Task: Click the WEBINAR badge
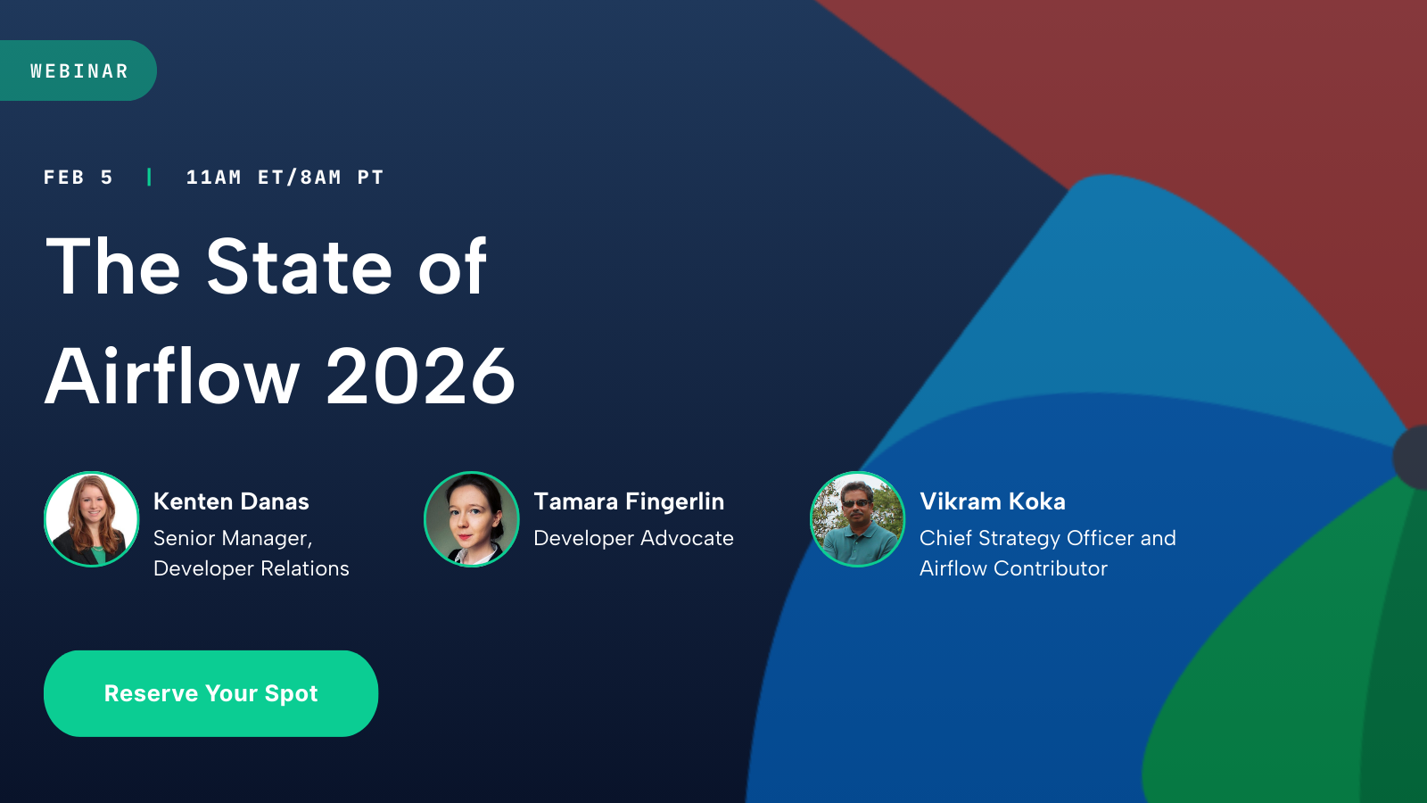pyautogui.click(x=78, y=71)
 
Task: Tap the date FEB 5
pyautogui.click(x=78, y=178)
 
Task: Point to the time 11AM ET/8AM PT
pyautogui.click(x=285, y=178)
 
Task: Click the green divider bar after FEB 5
pyautogui.click(x=149, y=178)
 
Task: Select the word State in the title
pyautogui.click(x=299, y=267)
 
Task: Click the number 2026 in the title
pyautogui.click(x=420, y=377)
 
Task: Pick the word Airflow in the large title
pyautogui.click(x=172, y=377)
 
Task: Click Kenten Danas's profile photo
pyautogui.click(x=92, y=519)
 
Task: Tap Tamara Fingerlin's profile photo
pyautogui.click(x=472, y=519)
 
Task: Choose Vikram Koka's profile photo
pyautogui.click(x=857, y=519)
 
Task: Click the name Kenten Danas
pyautogui.click(x=231, y=501)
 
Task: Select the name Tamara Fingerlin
pyautogui.click(x=629, y=501)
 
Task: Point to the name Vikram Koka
pyautogui.click(x=993, y=501)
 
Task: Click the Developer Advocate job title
pyautogui.click(x=633, y=538)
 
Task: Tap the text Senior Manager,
pyautogui.click(x=233, y=539)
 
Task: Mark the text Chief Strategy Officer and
pyautogui.click(x=1048, y=539)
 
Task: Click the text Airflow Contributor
pyautogui.click(x=1013, y=568)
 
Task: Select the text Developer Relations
pyautogui.click(x=252, y=568)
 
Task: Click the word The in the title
pyautogui.click(x=113, y=267)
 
